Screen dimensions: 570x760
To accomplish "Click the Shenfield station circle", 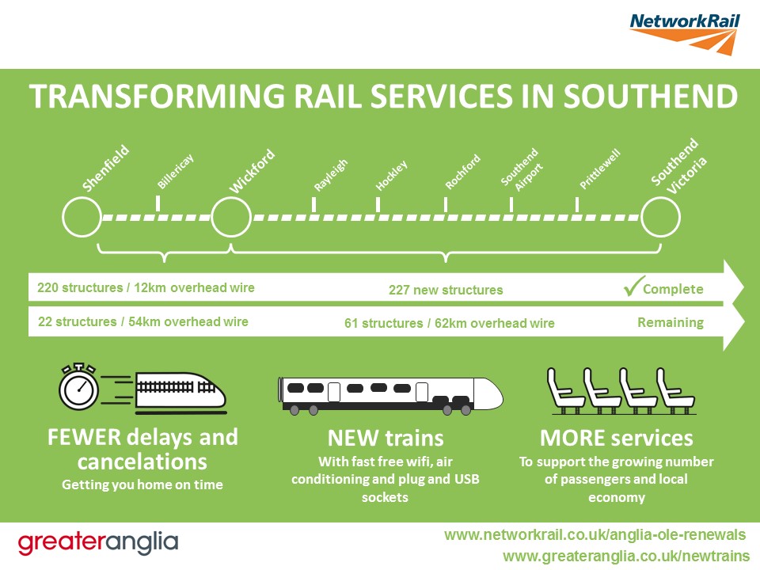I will point(82,217).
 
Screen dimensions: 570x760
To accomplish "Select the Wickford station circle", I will point(230,217).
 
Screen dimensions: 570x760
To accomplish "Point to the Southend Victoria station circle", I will point(660,217).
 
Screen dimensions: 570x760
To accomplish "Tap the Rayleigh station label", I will point(330,175).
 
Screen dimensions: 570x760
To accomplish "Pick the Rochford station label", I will point(462,172).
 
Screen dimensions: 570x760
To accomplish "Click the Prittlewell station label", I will point(599,169).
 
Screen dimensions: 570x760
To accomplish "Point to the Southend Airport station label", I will point(521,169).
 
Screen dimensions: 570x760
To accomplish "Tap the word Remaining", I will point(670,322).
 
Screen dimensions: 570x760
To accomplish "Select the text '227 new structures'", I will point(446,290).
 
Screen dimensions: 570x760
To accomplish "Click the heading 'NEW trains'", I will point(386,438).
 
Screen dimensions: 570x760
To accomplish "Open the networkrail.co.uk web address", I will point(595,535).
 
